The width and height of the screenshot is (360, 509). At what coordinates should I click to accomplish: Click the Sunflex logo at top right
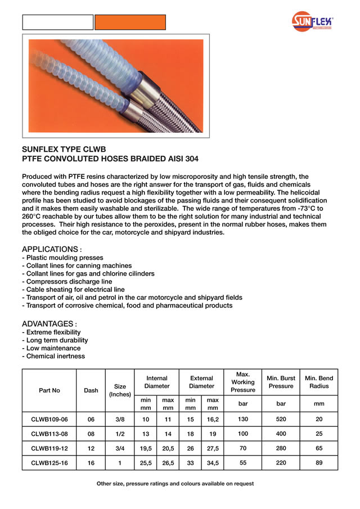click(x=312, y=22)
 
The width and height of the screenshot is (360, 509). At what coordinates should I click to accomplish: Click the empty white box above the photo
click(x=57, y=22)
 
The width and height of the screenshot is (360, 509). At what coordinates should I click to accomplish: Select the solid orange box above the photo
click(x=130, y=22)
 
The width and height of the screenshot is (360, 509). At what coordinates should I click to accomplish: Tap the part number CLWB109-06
click(x=49, y=419)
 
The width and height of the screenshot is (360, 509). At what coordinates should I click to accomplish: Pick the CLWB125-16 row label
click(x=49, y=462)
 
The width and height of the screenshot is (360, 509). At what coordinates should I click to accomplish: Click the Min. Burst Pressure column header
click(x=281, y=382)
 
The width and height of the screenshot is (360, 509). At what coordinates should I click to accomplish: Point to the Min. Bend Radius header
click(x=319, y=382)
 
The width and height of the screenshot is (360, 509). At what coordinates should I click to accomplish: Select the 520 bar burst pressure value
click(x=281, y=419)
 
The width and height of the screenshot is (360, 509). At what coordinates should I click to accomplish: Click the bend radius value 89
click(x=319, y=462)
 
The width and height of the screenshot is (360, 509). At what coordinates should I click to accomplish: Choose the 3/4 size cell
click(x=120, y=448)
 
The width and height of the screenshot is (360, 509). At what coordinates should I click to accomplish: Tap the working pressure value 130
click(x=242, y=419)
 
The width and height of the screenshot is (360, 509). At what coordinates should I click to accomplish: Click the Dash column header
click(x=91, y=390)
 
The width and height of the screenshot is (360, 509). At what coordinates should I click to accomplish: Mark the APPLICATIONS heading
click(x=51, y=249)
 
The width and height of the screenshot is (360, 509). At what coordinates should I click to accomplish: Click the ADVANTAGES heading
click(x=49, y=324)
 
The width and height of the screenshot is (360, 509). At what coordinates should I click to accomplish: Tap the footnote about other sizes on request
click(x=175, y=484)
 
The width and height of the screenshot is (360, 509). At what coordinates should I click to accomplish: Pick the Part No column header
click(x=49, y=390)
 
